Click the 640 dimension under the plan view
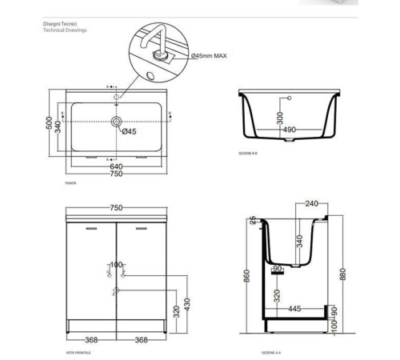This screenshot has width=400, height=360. [x=117, y=166]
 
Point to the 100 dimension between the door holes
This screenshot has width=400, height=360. [x=117, y=265]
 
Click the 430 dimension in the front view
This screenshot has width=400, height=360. [x=186, y=306]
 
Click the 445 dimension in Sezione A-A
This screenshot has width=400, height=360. [x=294, y=308]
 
